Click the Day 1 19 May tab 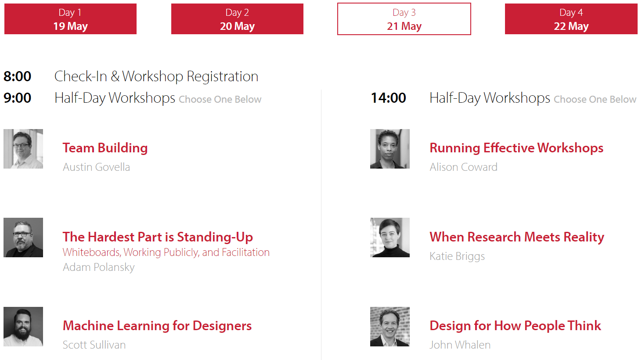pyautogui.click(x=71, y=19)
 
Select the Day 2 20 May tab pyautogui.click(x=237, y=19)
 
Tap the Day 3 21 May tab pyautogui.click(x=404, y=19)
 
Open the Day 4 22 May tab pyautogui.click(x=571, y=19)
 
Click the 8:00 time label pyautogui.click(x=17, y=76)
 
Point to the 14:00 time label pyautogui.click(x=388, y=98)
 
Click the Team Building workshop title pyautogui.click(x=105, y=148)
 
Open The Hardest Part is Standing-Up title pyautogui.click(x=158, y=237)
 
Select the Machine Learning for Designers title pyautogui.click(x=157, y=326)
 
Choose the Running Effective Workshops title pyautogui.click(x=516, y=148)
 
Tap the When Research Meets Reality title pyautogui.click(x=517, y=237)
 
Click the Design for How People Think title pyautogui.click(x=516, y=326)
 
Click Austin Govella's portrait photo pyautogui.click(x=23, y=149)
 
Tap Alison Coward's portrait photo pyautogui.click(x=390, y=149)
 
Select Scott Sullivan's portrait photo pyautogui.click(x=23, y=327)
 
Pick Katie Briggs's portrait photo pyautogui.click(x=390, y=238)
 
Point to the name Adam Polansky pyautogui.click(x=99, y=267)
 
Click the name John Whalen pyautogui.click(x=460, y=345)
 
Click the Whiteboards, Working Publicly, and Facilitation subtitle pyautogui.click(x=166, y=252)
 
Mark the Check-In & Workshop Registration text pyautogui.click(x=156, y=76)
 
